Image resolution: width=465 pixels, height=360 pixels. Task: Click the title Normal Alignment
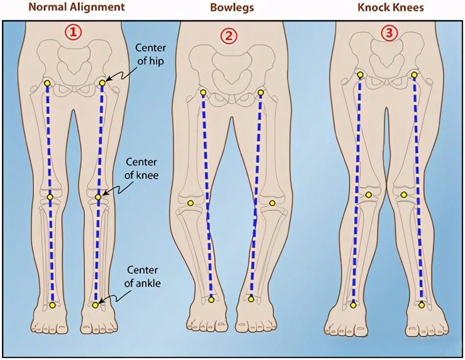point(76,7)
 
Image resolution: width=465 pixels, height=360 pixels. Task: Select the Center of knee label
point(142,167)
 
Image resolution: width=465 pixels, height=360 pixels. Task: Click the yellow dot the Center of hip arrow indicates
point(102,83)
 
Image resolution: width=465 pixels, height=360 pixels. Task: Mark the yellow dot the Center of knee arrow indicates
point(98,197)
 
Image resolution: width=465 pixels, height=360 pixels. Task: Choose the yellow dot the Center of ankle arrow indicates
point(95,305)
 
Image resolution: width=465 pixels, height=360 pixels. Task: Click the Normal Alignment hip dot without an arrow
point(47,84)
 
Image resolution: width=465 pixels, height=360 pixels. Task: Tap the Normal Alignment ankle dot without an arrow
point(52,305)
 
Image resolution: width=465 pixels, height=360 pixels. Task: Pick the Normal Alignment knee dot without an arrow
point(50,197)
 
